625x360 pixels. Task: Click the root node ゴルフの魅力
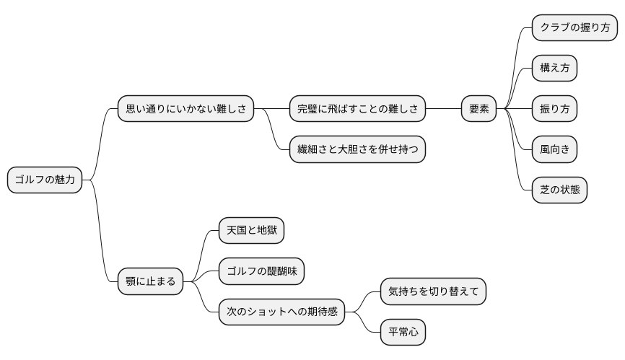tap(45, 180)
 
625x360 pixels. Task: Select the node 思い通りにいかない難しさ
tap(186, 109)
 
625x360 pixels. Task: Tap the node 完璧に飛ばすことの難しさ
tap(357, 109)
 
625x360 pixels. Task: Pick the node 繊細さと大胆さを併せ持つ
tap(357, 149)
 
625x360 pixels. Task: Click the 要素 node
tap(479, 109)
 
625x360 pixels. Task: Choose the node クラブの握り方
tap(574, 28)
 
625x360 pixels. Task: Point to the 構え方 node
tap(554, 69)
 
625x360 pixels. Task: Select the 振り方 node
tap(554, 109)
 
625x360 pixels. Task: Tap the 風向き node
tap(554, 149)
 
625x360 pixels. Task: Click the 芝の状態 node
tap(559, 190)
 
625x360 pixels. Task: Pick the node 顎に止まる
tap(151, 281)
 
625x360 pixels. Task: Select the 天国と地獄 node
tap(251, 231)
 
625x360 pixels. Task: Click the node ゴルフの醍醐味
tap(261, 271)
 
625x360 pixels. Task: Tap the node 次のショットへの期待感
tap(281, 312)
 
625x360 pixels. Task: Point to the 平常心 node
tap(403, 332)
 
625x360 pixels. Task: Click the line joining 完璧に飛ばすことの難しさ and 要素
tap(443, 109)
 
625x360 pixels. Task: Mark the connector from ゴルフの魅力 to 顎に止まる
tap(100, 231)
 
